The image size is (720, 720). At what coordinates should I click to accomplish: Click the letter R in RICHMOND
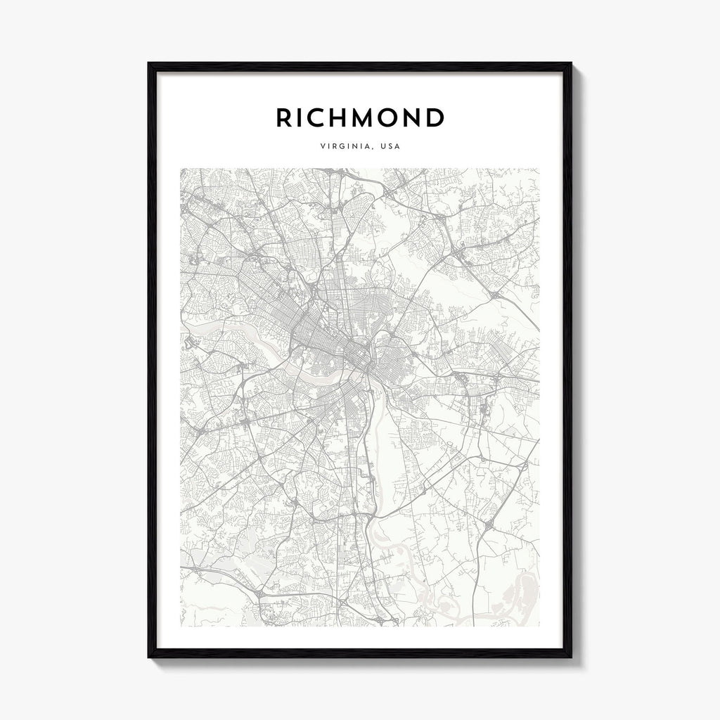point(285,118)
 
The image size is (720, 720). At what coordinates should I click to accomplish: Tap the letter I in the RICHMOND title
point(304,118)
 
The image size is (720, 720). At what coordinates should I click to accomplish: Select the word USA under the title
point(391,147)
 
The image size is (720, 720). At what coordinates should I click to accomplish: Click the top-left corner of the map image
point(181,169)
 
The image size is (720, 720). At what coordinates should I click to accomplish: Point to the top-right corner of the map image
point(539,169)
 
